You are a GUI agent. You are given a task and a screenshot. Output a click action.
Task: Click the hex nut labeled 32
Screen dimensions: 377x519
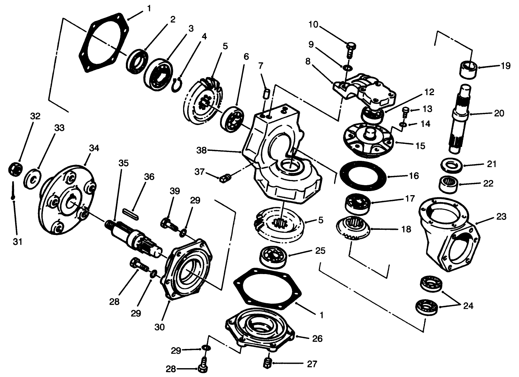click(15, 169)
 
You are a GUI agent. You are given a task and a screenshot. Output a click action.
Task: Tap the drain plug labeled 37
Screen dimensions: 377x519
click(224, 179)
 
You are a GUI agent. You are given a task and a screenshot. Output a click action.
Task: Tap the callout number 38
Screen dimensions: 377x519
click(202, 151)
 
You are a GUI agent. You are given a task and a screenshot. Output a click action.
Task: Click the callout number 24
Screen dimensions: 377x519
click(468, 306)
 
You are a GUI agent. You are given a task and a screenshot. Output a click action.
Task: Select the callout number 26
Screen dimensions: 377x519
click(317, 339)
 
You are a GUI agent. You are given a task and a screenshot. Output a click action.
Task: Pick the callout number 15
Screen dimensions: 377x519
click(420, 146)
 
